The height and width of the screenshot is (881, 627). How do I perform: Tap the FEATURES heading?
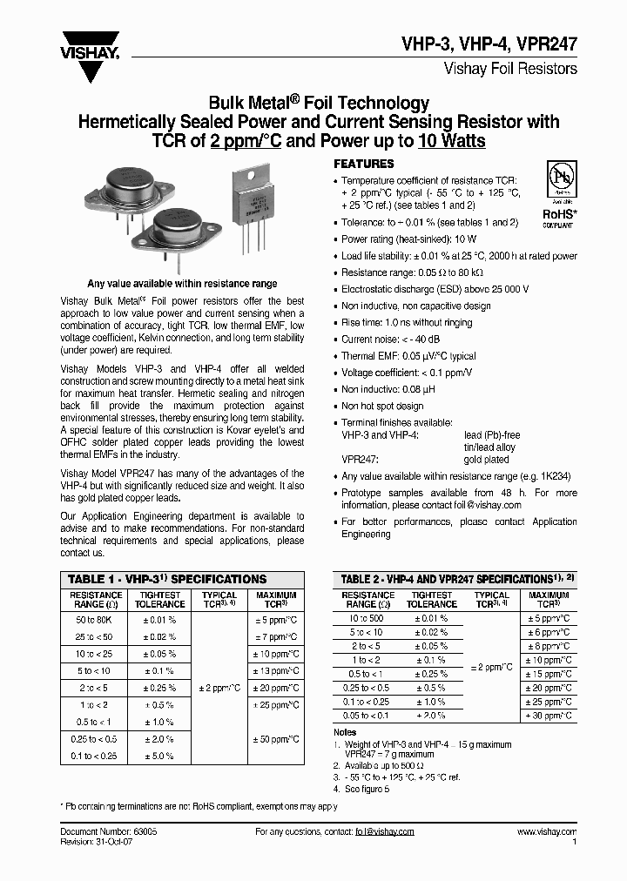[364, 164]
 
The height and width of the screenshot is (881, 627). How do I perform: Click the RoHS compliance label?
[558, 214]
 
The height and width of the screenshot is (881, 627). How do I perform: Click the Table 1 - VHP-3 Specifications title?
[167, 579]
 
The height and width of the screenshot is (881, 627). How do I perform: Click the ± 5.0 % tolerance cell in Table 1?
[159, 756]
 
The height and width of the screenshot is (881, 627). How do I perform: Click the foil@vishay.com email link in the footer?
[384, 832]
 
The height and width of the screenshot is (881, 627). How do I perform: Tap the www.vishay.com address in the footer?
[543, 832]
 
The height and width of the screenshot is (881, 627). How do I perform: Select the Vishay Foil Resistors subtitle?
[510, 67]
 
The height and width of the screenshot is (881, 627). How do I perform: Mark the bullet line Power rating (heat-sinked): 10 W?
[409, 239]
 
